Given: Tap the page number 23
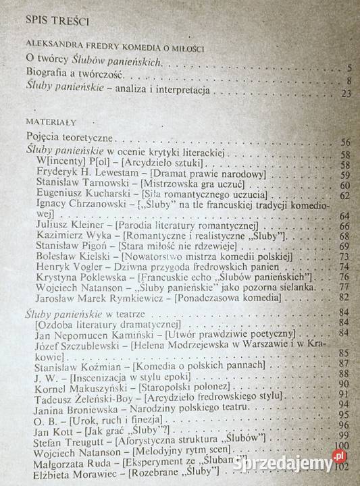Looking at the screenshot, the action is [x=346, y=93].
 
